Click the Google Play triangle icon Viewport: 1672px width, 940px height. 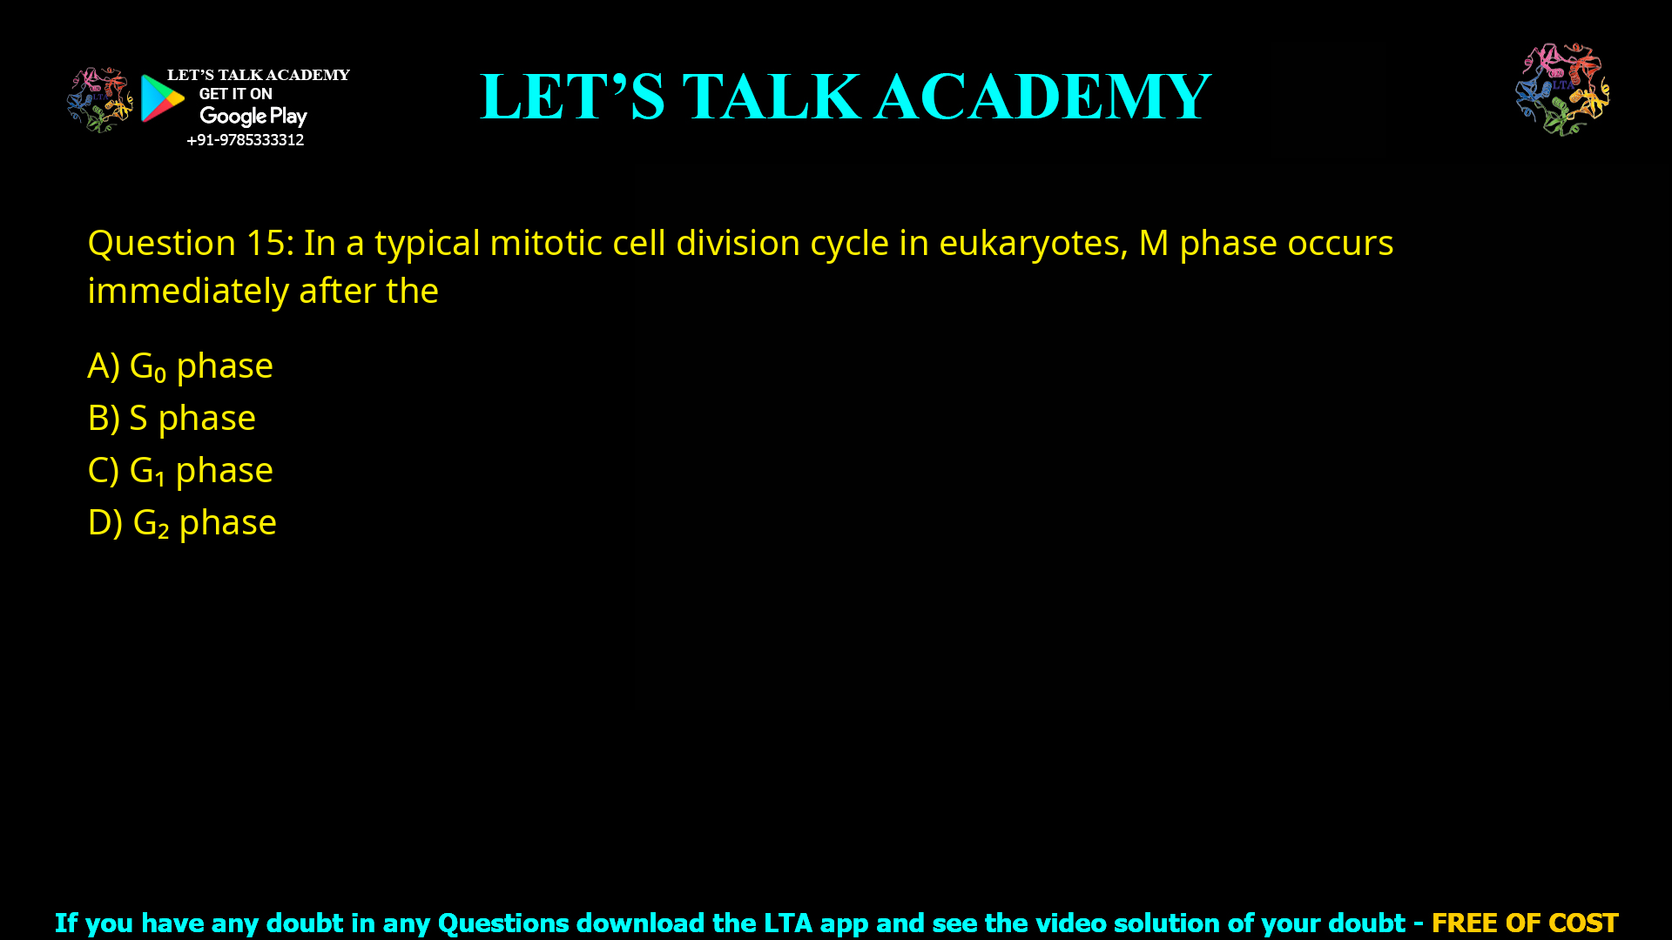162,98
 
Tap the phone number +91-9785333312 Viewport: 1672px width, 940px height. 245,140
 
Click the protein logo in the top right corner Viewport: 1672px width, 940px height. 1562,89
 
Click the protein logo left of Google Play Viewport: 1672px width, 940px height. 99,100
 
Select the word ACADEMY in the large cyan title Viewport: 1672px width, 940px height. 1042,97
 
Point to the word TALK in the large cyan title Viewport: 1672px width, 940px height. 772,97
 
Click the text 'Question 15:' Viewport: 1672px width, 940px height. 191,243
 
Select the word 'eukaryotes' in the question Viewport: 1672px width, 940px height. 1032,243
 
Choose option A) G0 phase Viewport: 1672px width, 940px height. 180,366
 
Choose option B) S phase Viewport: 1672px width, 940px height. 172,419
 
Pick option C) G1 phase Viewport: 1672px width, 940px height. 180,471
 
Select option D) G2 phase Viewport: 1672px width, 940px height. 182,523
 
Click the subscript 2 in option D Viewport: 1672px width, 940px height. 163,532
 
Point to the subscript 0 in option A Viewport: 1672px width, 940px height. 159,375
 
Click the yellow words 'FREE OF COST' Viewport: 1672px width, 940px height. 1524,923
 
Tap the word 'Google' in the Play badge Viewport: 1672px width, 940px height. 233,117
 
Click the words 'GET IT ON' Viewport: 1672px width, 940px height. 235,94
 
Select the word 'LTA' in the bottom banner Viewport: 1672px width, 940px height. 787,923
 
